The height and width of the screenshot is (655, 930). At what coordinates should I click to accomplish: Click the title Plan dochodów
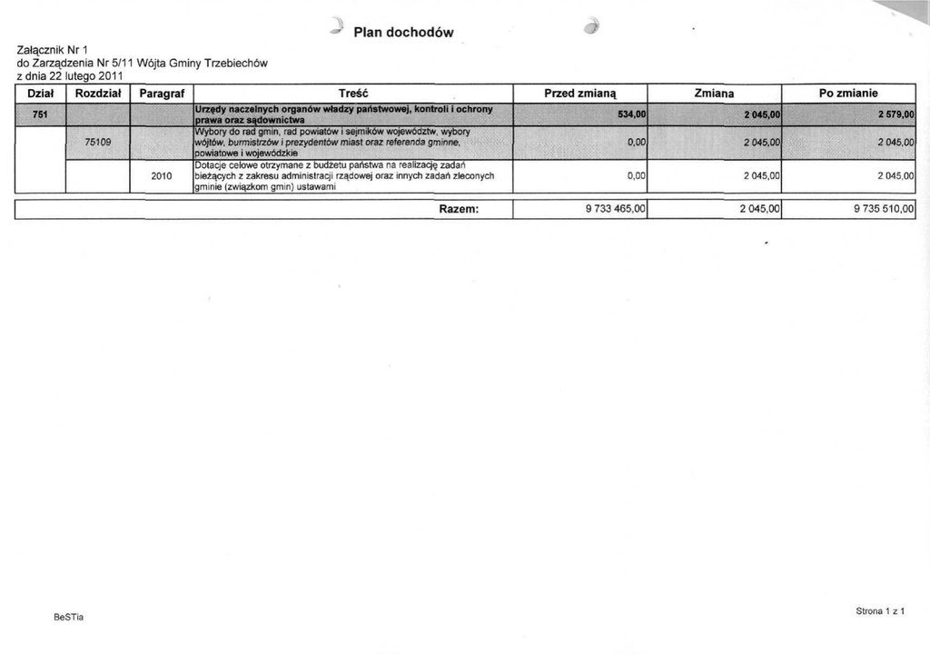tap(402, 34)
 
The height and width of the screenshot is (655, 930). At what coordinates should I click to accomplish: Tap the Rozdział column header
tap(100, 93)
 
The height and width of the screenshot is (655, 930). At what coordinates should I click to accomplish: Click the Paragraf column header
tap(163, 93)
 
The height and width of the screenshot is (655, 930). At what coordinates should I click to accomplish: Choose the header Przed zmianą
tap(579, 93)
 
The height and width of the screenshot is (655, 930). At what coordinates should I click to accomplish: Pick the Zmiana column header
tap(714, 93)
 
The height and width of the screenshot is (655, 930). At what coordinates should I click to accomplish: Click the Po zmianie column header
tap(848, 93)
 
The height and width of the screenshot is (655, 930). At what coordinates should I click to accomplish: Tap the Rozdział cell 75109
tap(98, 142)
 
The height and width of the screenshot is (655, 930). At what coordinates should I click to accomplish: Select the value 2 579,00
tap(895, 114)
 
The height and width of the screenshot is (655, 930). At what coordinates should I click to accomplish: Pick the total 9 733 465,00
tap(615, 210)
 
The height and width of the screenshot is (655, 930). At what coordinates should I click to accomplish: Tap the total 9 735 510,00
tap(884, 210)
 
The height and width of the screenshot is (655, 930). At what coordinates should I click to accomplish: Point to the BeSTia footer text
tap(67, 618)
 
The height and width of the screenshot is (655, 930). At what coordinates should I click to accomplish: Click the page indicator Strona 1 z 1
tap(880, 611)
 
